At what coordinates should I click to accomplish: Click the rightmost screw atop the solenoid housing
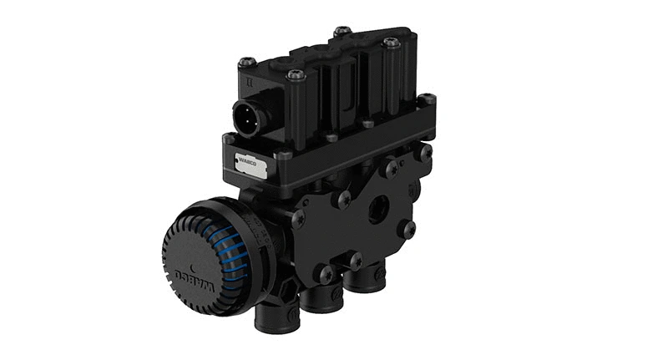391,43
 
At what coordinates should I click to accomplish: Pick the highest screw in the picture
342,32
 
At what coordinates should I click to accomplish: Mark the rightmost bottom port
360,285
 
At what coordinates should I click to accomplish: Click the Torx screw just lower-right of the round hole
406,227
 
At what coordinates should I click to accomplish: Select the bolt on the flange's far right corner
427,100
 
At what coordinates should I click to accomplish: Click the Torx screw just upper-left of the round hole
342,200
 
